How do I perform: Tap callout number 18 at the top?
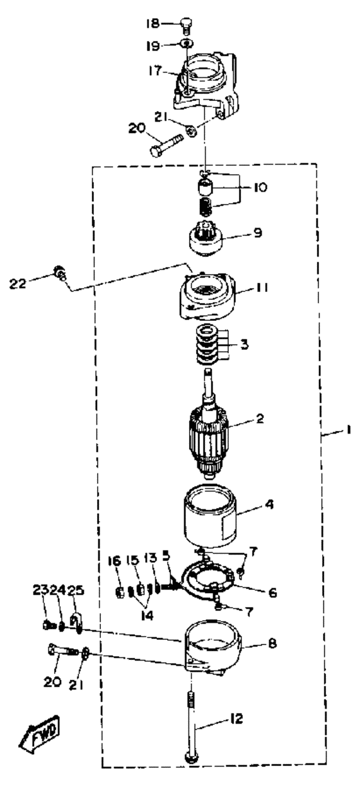tap(153, 24)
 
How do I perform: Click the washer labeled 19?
tap(186, 44)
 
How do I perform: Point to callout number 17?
tap(155, 71)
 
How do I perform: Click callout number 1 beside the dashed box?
tap(348, 430)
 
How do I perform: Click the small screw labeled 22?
tap(60, 273)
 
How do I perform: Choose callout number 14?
tap(147, 615)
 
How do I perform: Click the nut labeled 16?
tap(120, 592)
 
